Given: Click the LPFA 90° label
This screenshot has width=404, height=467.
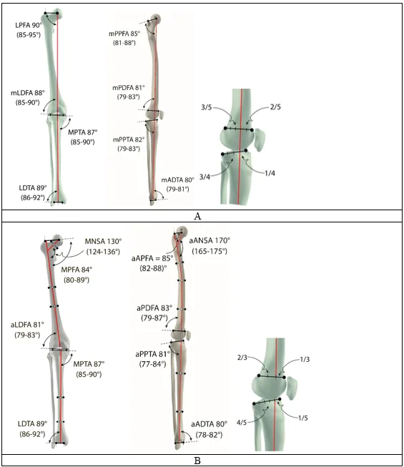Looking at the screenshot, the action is tap(29, 25).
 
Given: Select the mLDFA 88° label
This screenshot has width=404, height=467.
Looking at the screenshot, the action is tap(28, 93).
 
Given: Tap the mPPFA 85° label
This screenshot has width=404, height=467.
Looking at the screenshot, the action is tap(124, 34).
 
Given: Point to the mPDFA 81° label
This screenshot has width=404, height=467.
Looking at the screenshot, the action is tap(128, 88).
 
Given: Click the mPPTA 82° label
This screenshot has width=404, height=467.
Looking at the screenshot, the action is tap(129, 139).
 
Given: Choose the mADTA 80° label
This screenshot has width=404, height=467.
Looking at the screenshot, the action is tap(177, 180).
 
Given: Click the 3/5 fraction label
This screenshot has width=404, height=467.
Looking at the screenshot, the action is tap(207, 107).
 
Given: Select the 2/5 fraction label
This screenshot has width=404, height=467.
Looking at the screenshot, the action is tap(275, 107).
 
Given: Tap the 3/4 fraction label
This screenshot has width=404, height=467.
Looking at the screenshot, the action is tap(205, 177).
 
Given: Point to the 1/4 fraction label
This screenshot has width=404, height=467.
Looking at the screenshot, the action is tap(270, 173).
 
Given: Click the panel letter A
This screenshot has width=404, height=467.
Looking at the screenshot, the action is tap(197, 216).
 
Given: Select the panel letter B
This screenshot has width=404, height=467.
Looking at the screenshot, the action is tap(197, 461).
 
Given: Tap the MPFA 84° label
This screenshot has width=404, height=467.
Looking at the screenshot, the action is tap(77, 270).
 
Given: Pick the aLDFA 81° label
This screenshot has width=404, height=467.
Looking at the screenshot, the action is tap(27, 325).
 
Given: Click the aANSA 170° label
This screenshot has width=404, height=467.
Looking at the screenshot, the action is tap(210, 240).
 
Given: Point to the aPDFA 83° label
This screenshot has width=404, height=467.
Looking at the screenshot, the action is tap(154, 308).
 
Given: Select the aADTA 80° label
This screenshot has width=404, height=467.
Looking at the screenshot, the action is tap(209, 424).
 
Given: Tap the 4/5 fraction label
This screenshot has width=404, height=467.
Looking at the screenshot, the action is tap(242, 423).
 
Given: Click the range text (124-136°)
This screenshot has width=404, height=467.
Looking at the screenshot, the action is tap(103, 252).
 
